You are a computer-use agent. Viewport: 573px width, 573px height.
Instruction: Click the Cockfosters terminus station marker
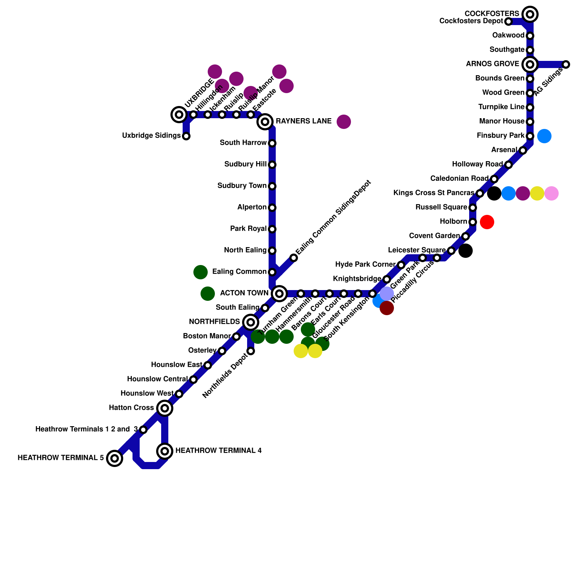pyautogui.click(x=530, y=14)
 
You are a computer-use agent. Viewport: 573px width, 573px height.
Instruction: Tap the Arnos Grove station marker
pyautogui.click(x=530, y=64)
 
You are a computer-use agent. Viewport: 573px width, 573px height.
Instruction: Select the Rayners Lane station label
pyautogui.click(x=303, y=121)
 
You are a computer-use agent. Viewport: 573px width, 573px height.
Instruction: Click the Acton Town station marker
pyautogui.click(x=279, y=294)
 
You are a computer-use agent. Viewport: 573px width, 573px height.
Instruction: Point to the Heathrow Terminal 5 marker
pyautogui.click(x=115, y=458)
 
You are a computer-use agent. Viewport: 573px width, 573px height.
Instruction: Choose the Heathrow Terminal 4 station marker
pyautogui.click(x=165, y=451)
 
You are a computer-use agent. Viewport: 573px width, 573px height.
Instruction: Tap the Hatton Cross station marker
pyautogui.click(x=165, y=408)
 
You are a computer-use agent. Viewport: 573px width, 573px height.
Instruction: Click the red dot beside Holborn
pyautogui.click(x=487, y=222)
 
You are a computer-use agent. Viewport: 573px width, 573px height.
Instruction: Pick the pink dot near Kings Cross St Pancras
pyautogui.click(x=552, y=193)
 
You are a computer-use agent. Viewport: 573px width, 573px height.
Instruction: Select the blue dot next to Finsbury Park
pyautogui.click(x=544, y=136)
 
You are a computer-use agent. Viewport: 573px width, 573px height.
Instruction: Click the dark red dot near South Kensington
pyautogui.click(x=387, y=308)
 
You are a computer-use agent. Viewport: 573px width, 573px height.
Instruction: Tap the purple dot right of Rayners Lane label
pyautogui.click(x=344, y=122)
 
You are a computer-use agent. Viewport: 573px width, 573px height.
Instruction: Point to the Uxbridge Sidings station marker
pyautogui.click(x=186, y=136)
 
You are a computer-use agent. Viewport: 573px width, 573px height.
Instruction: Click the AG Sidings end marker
pyautogui.click(x=566, y=64)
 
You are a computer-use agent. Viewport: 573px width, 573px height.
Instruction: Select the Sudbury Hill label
pyautogui.click(x=245, y=164)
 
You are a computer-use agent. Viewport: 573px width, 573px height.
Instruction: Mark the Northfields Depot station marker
pyautogui.click(x=251, y=351)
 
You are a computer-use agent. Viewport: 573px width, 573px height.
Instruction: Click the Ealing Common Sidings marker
pyautogui.click(x=294, y=258)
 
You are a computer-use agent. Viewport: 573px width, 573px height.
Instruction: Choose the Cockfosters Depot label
pyautogui.click(x=471, y=21)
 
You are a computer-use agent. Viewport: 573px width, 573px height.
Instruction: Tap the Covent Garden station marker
pyautogui.click(x=466, y=236)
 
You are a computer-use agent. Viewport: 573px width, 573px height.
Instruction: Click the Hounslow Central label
pyautogui.click(x=157, y=379)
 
